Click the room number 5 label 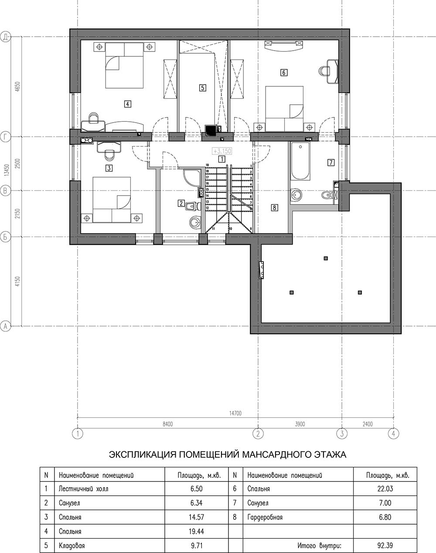(x=203, y=88)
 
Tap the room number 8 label (x=275, y=207)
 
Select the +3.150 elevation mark (x=222, y=151)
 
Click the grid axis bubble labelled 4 (x=394, y=434)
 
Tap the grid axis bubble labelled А (x=5, y=326)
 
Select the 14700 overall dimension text (x=235, y=413)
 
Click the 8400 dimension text (x=168, y=424)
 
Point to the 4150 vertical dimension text (x=18, y=282)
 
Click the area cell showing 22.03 (x=385, y=488)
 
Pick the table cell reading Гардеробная (x=265, y=517)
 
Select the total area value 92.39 (x=385, y=545)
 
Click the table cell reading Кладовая (x=72, y=545)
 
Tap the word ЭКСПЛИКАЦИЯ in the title (x=143, y=455)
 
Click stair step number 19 (x=207, y=165)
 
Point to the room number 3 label (x=109, y=168)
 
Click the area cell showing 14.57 (x=197, y=517)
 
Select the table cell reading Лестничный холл (x=83, y=488)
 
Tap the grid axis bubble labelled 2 (x=258, y=434)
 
